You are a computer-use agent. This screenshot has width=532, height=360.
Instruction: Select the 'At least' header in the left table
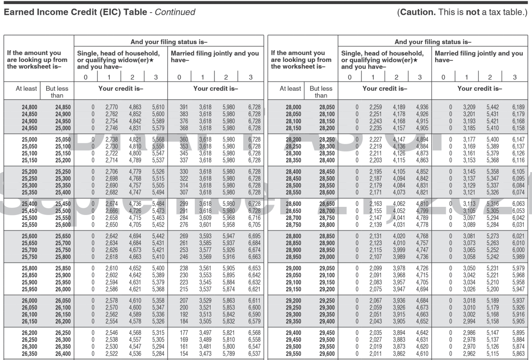(x=26, y=89)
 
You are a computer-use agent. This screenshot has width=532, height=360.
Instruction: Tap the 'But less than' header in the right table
(x=320, y=92)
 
